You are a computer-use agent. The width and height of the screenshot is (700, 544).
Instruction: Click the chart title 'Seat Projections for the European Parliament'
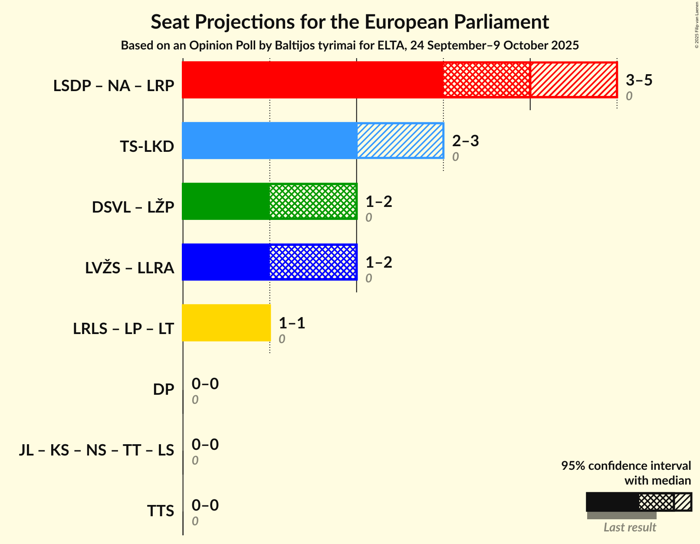[350, 22]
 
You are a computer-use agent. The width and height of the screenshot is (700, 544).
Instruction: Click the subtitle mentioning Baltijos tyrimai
[350, 46]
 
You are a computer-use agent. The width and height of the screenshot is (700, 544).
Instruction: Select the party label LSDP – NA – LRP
[114, 86]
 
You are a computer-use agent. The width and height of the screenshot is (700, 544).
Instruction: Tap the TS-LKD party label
[147, 147]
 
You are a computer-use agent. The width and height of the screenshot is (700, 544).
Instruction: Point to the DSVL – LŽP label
[133, 207]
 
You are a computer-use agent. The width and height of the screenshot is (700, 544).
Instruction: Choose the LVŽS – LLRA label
[129, 268]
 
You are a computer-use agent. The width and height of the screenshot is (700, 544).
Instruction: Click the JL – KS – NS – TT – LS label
[96, 450]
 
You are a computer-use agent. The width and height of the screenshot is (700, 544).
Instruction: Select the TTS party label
[160, 511]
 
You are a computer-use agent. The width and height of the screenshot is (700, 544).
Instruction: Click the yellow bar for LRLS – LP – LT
[226, 323]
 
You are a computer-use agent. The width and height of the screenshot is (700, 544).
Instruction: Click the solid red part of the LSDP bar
[312, 80]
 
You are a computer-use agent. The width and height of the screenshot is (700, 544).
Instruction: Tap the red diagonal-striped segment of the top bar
[573, 80]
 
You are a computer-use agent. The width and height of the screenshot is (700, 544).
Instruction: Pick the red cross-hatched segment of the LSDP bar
[486, 80]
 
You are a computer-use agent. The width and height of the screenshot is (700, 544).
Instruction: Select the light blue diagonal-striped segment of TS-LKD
[400, 141]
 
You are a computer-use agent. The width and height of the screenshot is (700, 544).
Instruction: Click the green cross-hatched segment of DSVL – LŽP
[313, 201]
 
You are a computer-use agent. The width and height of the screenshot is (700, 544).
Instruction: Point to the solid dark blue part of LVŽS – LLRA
[226, 262]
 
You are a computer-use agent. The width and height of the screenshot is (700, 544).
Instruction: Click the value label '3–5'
[639, 80]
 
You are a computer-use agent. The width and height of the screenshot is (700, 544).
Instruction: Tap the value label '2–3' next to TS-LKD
[465, 141]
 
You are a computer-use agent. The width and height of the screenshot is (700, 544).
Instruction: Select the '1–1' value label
[292, 323]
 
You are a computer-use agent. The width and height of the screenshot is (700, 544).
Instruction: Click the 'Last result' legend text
[630, 528]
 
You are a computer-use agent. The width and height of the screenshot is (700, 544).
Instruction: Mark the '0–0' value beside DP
[205, 384]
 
